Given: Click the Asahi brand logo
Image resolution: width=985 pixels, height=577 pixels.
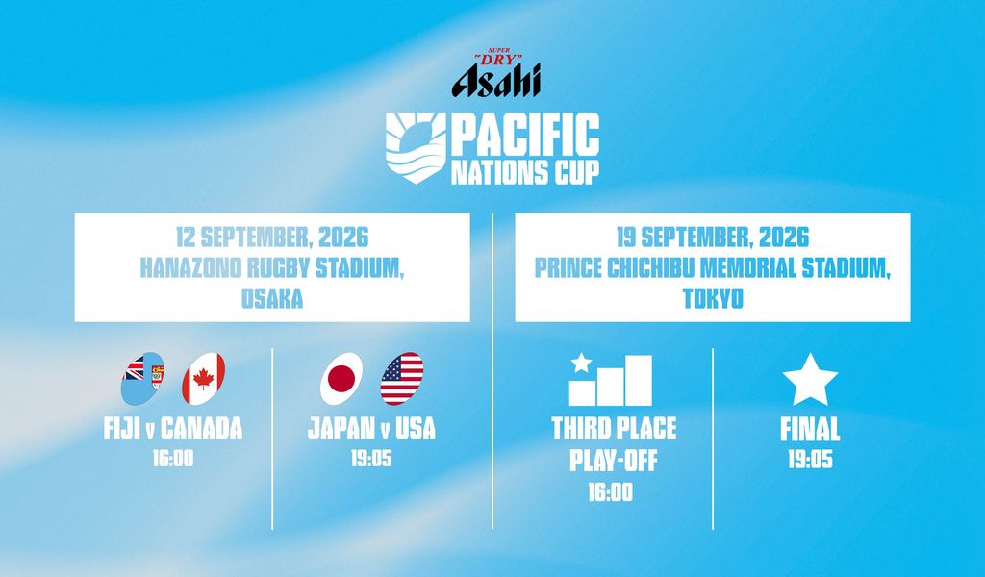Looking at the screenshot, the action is (x=495, y=73).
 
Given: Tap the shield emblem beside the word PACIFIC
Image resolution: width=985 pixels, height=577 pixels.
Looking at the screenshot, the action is (x=416, y=148).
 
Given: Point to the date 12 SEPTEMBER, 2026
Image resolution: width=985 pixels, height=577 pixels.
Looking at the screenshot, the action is (x=272, y=238).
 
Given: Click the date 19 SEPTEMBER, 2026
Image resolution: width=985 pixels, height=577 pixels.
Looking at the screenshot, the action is (x=713, y=238).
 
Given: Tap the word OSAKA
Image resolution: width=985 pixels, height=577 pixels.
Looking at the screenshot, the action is (x=272, y=298).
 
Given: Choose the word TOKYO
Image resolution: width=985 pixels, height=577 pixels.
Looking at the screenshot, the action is (x=713, y=298).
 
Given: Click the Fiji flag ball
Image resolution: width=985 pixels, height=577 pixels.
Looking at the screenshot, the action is (x=142, y=379).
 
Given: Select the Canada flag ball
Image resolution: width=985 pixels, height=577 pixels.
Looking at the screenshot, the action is (x=204, y=379).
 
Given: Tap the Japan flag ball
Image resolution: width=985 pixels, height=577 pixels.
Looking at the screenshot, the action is (x=341, y=379).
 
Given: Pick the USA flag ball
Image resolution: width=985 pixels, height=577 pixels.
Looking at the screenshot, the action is (x=402, y=379).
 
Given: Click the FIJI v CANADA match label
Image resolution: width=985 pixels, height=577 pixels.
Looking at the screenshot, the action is (x=173, y=428).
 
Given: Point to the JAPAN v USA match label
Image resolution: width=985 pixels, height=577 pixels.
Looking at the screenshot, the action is (x=371, y=428).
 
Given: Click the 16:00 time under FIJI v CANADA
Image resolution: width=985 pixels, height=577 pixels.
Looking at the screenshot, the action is (x=173, y=459).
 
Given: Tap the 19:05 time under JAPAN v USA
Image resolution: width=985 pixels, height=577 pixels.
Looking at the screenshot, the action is (x=371, y=459).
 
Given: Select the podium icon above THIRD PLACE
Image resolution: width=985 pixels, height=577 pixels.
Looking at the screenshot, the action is (x=611, y=380).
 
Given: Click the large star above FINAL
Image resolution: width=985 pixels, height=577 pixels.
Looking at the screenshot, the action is (x=810, y=381).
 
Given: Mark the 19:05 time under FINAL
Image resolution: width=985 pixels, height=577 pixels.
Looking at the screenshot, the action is (x=810, y=461).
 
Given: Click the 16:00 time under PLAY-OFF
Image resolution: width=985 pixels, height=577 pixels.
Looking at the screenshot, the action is (x=611, y=492).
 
